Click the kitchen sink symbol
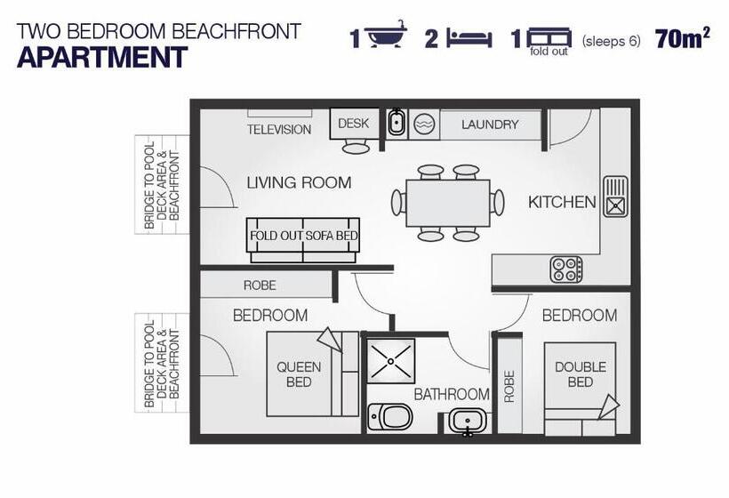(x=615, y=197)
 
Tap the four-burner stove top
(x=565, y=269)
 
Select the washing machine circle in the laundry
(x=424, y=124)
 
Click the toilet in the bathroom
(x=390, y=416)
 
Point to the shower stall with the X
(x=390, y=361)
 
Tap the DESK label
(x=353, y=124)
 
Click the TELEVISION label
(x=279, y=129)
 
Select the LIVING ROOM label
(x=299, y=182)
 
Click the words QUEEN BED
(x=299, y=374)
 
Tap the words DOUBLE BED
(x=581, y=374)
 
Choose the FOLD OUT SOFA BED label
(x=304, y=236)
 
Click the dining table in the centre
(x=448, y=203)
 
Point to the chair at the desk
(x=356, y=148)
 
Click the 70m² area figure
(x=683, y=38)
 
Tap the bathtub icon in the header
(x=386, y=34)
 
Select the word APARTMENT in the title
(x=102, y=57)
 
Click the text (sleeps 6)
(x=611, y=41)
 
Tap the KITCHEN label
(x=562, y=202)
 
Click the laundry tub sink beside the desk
(x=397, y=122)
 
